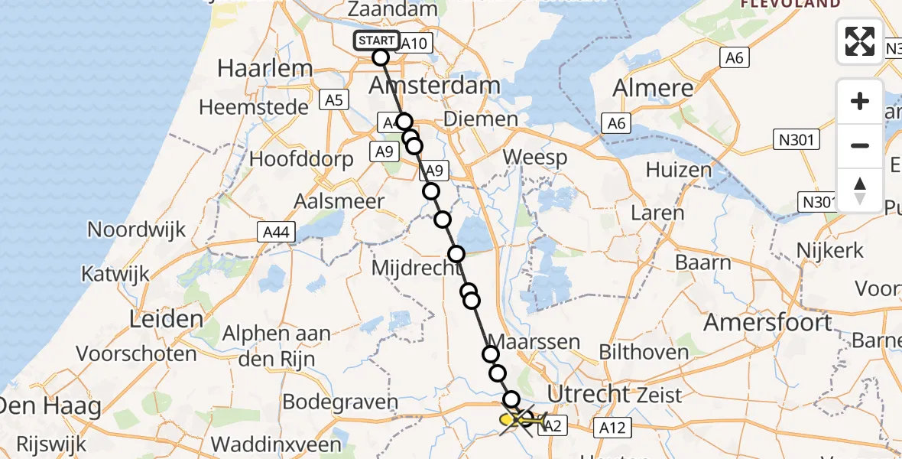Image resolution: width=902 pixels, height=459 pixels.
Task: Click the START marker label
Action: (377, 41)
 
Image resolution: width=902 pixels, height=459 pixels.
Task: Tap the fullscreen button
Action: (860, 41)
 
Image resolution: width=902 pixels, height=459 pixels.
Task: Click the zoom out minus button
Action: (860, 145)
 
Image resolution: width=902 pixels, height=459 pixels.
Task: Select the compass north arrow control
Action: (860, 190)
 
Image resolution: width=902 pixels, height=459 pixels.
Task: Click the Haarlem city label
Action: (265, 67)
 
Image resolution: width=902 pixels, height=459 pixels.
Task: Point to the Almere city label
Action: (653, 87)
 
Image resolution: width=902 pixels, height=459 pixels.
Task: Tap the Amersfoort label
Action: (767, 322)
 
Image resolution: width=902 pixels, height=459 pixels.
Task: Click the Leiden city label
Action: (167, 319)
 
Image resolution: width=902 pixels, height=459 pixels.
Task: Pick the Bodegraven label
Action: (340, 402)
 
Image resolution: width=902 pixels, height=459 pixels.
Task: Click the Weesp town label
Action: (535, 158)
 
